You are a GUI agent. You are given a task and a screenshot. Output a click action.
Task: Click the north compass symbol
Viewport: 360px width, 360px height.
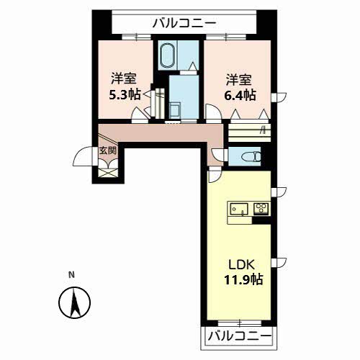tap(75, 302)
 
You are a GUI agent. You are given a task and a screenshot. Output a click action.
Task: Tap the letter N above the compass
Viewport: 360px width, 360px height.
tap(71, 275)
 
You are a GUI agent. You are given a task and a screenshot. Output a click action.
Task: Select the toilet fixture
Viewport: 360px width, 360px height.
tap(251, 157)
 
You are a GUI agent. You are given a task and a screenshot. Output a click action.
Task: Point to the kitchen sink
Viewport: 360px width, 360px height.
tap(239, 210)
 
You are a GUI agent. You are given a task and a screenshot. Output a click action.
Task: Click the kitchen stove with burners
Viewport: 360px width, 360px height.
tap(261, 208)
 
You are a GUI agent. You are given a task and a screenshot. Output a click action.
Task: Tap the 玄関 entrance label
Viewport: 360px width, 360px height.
tap(108, 150)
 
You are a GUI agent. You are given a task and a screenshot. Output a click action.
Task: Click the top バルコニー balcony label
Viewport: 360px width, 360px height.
tap(184, 24)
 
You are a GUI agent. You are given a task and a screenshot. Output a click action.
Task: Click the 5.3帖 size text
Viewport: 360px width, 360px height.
tap(125, 94)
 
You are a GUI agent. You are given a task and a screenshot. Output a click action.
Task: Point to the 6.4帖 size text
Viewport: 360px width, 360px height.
tap(240, 95)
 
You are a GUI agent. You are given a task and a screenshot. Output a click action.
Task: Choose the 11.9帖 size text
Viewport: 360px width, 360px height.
tap(243, 279)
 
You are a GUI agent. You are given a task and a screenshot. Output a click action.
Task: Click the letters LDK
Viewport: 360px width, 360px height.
tap(241, 265)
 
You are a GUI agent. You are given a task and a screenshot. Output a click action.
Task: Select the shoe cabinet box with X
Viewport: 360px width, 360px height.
tap(107, 173)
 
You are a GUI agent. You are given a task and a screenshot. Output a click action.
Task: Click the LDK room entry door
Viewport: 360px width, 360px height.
tap(215, 175)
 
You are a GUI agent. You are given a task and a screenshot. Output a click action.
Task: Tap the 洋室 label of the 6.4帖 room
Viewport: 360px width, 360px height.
tap(239, 80)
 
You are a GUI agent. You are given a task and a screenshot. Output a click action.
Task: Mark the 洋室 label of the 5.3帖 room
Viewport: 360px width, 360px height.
tap(124, 78)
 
